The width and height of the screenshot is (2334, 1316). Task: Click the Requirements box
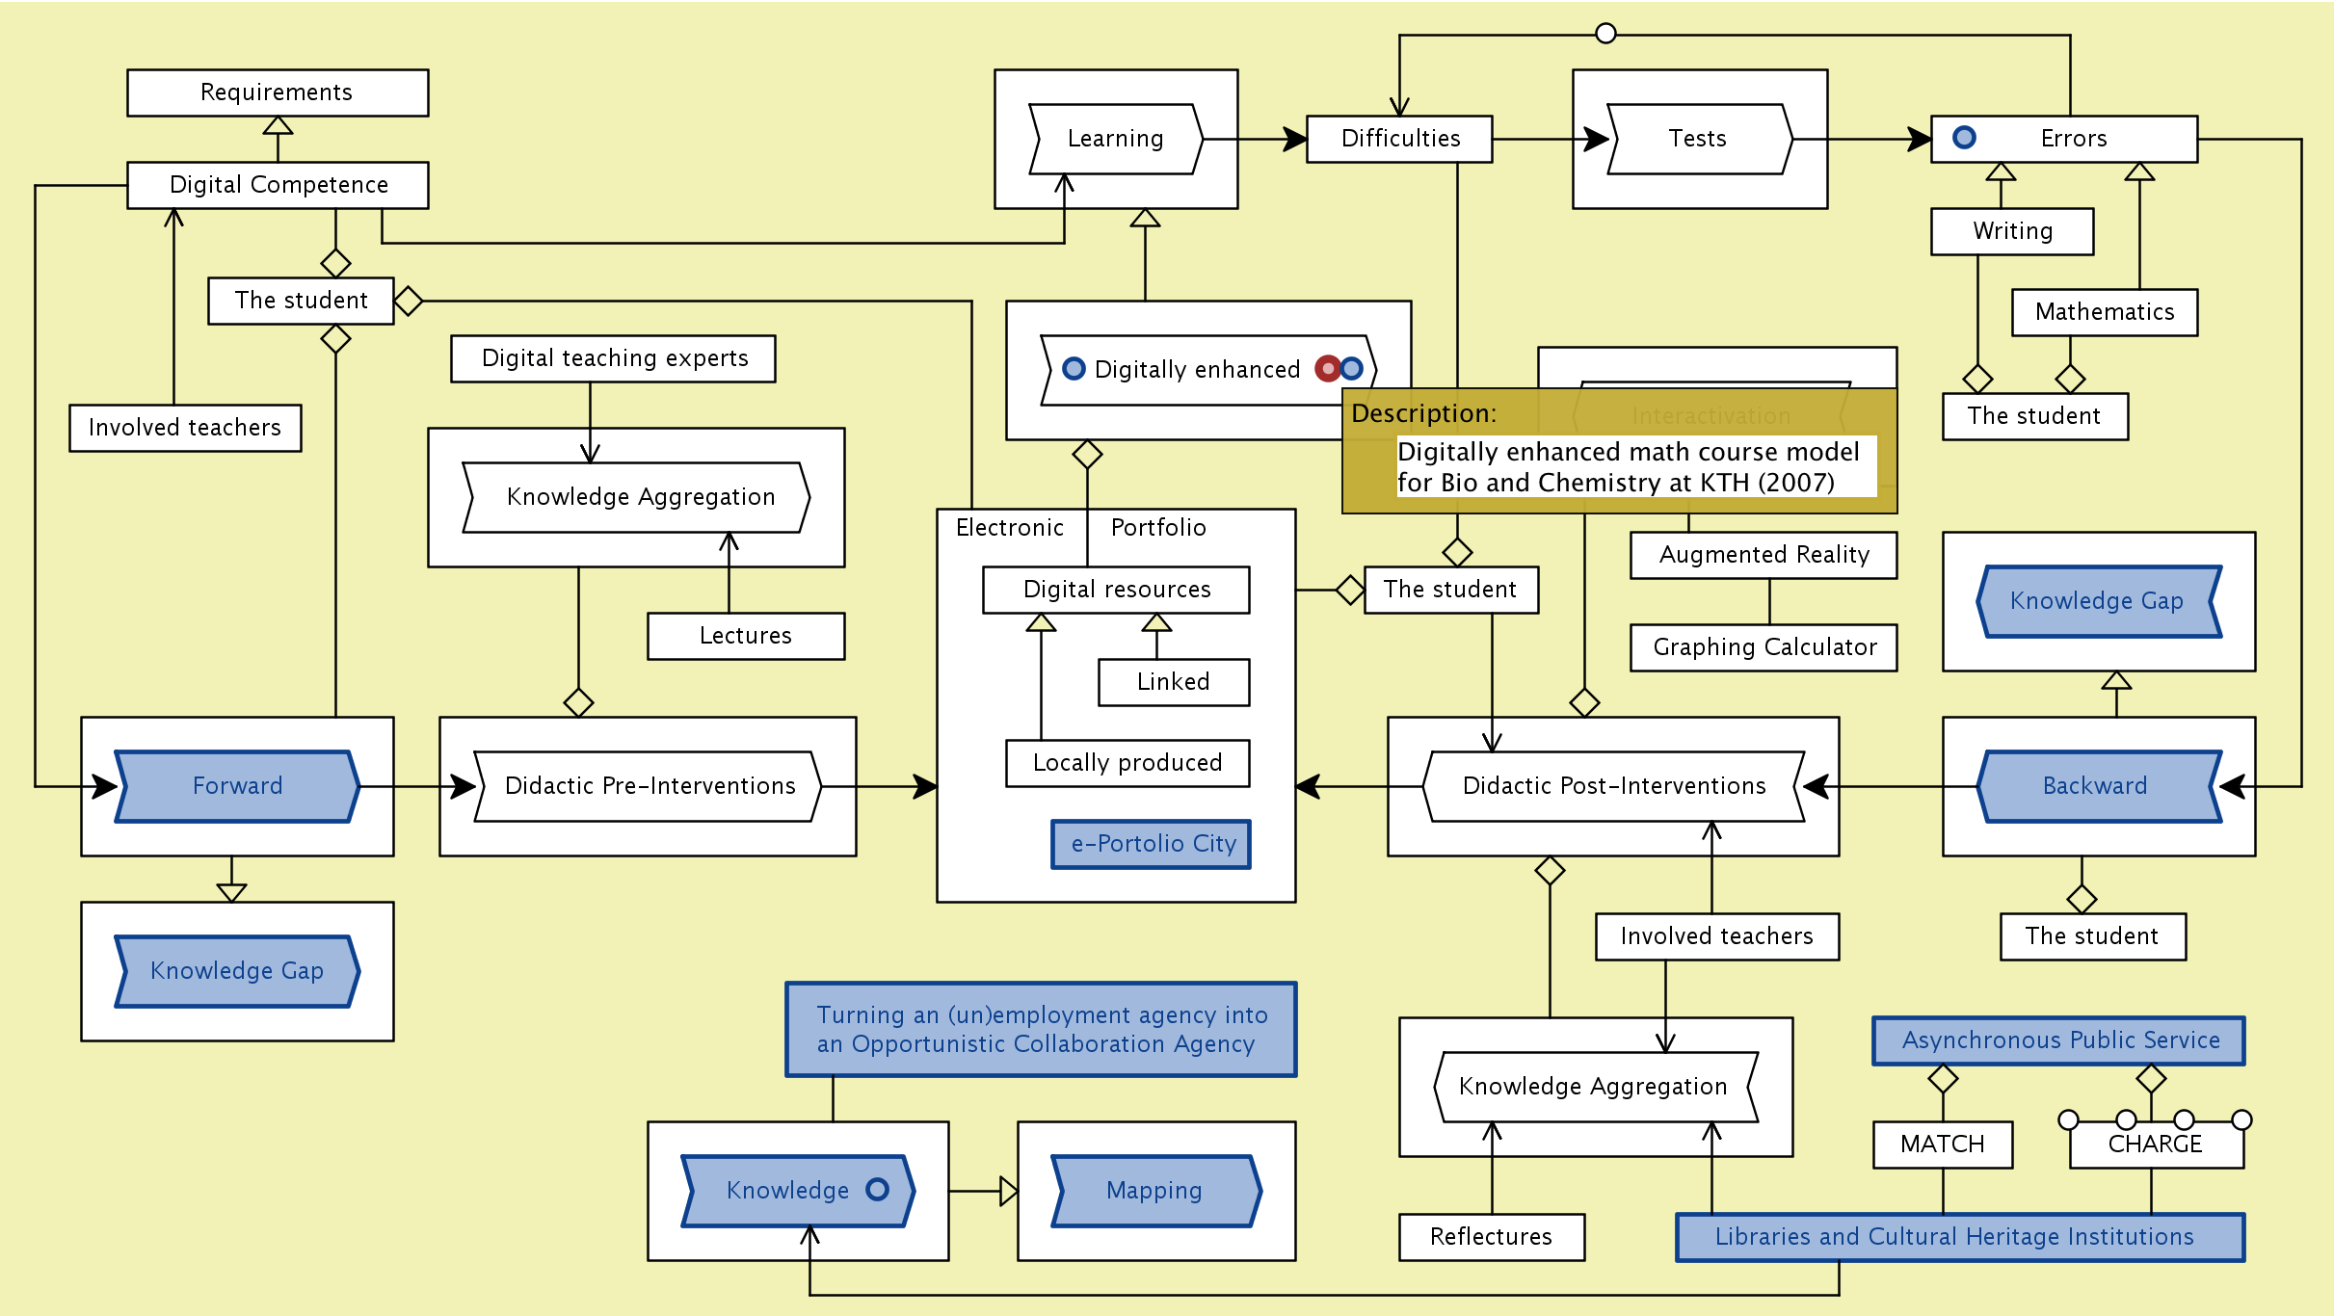click(x=278, y=92)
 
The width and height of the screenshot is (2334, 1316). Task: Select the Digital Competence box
click(x=278, y=185)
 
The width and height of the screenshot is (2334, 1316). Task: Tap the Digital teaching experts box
click(x=613, y=358)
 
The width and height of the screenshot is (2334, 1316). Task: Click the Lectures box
click(x=746, y=636)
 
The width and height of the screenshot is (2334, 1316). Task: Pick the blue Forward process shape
click(x=237, y=786)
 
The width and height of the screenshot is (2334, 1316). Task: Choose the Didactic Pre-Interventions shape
click(x=649, y=786)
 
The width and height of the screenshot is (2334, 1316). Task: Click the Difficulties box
click(x=1399, y=139)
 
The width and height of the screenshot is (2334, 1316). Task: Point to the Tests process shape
click(x=1699, y=139)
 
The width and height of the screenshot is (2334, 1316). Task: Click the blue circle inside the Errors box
click(x=1964, y=138)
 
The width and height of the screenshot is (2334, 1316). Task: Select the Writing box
click(x=2012, y=231)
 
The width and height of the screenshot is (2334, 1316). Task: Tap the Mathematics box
click(x=2105, y=312)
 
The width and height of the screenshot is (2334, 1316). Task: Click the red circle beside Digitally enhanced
click(x=1328, y=368)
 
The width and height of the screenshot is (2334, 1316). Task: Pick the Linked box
click(x=1174, y=682)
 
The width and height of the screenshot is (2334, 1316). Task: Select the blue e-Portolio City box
click(x=1152, y=844)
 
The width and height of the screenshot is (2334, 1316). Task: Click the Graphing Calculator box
click(x=1764, y=647)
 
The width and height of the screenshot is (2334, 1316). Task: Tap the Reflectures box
click(x=1492, y=1237)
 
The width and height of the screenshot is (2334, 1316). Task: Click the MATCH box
click(x=1943, y=1145)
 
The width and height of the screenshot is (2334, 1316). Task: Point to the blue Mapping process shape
click(x=1155, y=1191)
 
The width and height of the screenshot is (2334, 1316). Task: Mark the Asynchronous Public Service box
click(x=2058, y=1040)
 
